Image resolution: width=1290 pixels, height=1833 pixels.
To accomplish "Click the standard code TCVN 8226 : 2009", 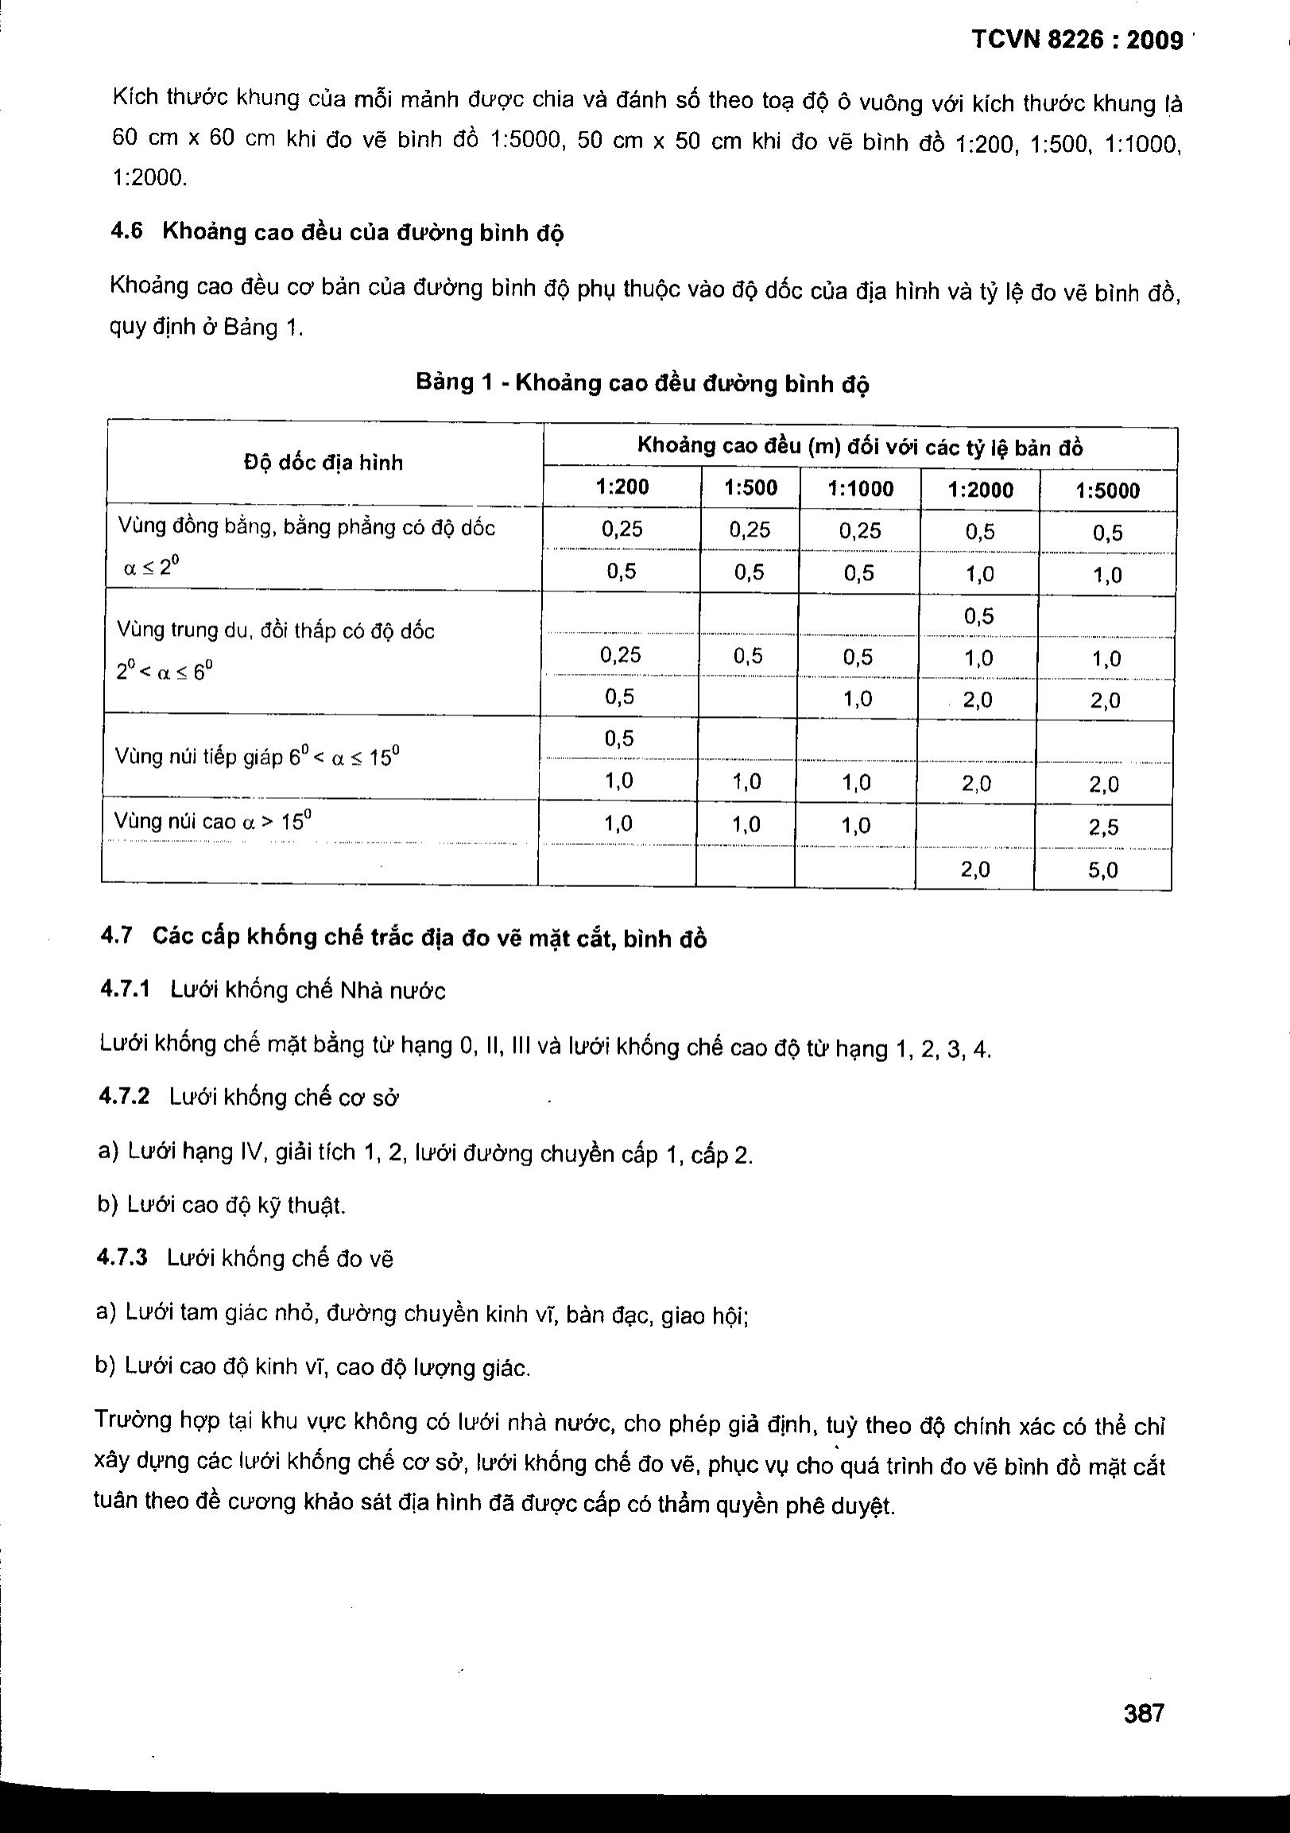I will pos(1077,41).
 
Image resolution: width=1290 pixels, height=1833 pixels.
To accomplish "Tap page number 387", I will pos(1144,1713).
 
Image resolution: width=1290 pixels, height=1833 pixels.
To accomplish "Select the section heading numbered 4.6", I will pos(337,232).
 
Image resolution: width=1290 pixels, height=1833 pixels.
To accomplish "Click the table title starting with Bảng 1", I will pos(641,384).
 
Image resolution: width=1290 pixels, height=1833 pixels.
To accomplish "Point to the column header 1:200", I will pos(622,487).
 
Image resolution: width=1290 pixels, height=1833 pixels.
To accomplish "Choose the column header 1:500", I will pos(750,488).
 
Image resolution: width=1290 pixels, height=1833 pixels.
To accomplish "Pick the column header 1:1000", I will pos(861,489).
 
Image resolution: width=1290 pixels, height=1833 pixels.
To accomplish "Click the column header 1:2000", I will pos(980,490).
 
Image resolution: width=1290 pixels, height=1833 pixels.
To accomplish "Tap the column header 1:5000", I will pos(1107,491).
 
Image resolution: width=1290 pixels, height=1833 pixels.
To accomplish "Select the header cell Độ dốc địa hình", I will pos(323,463).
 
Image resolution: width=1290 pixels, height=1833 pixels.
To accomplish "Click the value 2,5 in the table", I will pos(1103,827).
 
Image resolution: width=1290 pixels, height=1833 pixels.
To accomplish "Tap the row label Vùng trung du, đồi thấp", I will pos(275,630).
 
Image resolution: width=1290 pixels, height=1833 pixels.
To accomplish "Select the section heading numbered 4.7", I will pos(403,937).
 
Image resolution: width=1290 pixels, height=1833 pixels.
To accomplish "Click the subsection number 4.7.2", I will pos(125,1096).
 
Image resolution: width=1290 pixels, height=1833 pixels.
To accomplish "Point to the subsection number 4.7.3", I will pos(123,1258).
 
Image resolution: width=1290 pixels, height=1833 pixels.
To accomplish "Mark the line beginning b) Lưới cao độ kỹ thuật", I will pos(222,1204).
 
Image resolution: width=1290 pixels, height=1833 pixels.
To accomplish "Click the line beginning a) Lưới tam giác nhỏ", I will pos(421,1312).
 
